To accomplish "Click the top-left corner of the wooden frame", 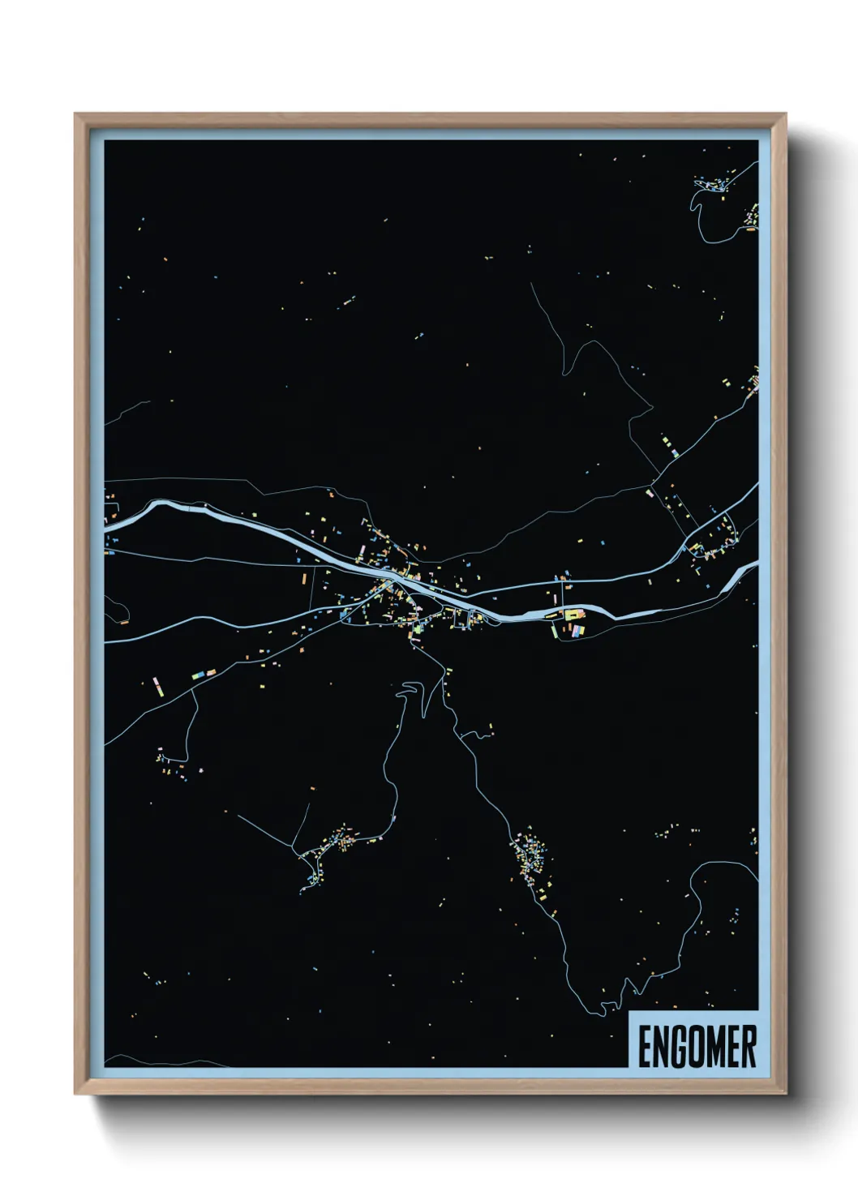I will [75, 114].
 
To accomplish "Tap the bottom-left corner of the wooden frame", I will [75, 1094].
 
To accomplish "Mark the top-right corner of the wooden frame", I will [786, 114].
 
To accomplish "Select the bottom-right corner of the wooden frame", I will [786, 1094].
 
